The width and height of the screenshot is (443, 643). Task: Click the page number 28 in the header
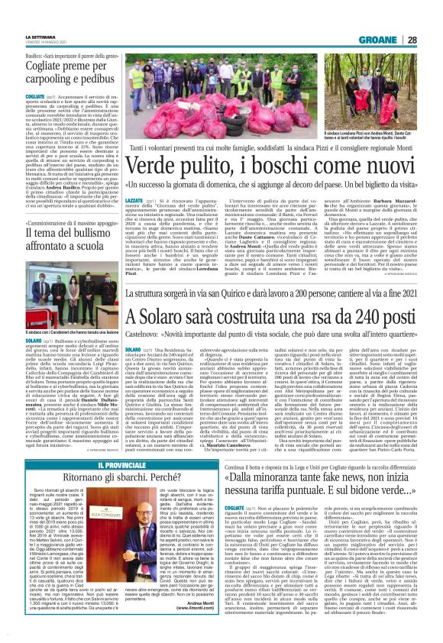[432, 39]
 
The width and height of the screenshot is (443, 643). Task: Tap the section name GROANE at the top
[397, 39]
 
